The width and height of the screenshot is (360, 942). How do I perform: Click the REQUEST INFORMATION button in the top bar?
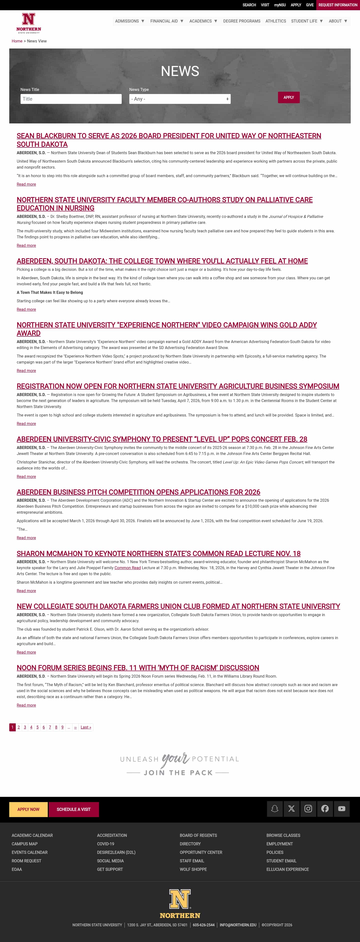coord(338,5)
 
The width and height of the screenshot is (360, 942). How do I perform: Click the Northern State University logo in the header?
coord(28,23)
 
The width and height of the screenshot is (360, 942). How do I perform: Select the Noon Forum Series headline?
coord(137,668)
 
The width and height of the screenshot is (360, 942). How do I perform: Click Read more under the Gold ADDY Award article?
coord(26,371)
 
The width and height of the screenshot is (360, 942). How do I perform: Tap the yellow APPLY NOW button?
coord(28,810)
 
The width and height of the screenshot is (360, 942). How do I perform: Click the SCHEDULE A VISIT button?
coord(73,810)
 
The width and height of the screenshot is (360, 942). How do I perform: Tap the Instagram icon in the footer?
coord(308,809)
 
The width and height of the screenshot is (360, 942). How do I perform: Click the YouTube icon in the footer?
coord(341,809)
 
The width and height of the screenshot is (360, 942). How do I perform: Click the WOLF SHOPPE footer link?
coord(193,870)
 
